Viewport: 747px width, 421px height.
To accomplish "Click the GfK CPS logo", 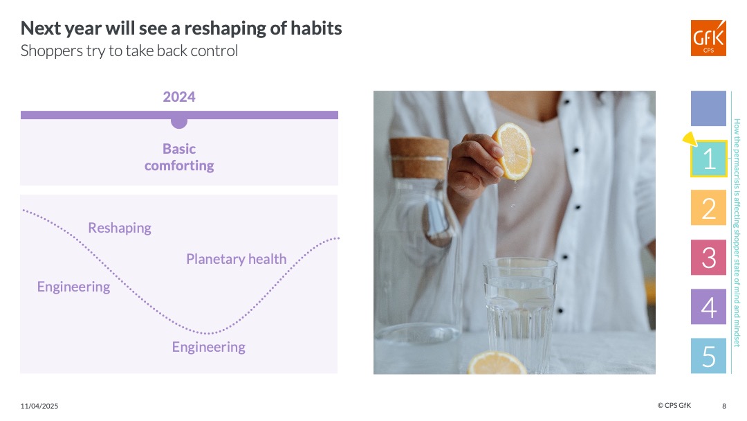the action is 708,38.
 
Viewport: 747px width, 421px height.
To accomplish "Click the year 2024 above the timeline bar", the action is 179,97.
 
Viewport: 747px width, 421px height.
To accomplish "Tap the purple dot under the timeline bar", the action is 179,123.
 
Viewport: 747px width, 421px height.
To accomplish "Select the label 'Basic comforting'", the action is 179,157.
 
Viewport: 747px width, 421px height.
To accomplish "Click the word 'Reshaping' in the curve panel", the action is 120,228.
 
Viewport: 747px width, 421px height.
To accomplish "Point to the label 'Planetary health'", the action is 237,259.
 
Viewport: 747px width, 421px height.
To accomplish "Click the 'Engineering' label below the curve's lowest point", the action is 209,347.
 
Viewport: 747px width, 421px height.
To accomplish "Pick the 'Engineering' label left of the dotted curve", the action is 73,287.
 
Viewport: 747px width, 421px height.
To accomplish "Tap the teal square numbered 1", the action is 709,159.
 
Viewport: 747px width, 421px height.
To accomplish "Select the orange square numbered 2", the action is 708,208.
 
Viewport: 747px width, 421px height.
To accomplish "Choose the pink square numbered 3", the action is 708,258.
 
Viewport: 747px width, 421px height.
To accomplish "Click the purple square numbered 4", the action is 708,307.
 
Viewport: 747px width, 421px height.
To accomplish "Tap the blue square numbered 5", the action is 708,356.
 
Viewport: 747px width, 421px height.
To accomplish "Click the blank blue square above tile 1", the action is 708,109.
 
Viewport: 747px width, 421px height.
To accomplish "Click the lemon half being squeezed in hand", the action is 513,151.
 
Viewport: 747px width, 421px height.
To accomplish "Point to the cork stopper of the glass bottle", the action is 420,157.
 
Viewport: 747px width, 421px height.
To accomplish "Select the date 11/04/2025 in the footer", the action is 39,406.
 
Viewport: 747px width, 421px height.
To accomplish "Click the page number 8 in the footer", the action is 724,406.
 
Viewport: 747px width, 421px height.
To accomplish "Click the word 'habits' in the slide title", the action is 316,28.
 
